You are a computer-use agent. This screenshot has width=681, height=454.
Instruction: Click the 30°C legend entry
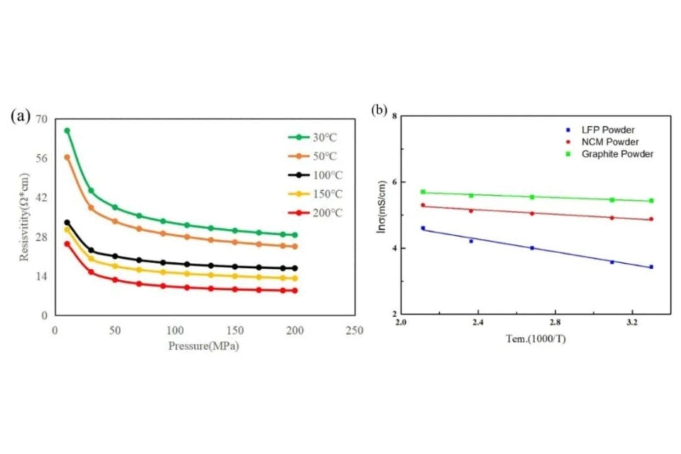(324, 138)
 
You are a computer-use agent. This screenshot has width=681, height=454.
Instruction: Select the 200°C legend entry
(327, 213)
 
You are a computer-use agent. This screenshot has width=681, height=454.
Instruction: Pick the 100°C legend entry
(327, 175)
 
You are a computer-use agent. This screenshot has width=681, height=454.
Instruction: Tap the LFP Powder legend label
(608, 130)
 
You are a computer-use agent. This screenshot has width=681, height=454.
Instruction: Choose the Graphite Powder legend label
(617, 154)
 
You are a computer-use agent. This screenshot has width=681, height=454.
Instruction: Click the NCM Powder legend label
(610, 142)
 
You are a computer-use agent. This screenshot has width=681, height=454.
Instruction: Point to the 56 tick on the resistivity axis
(41, 158)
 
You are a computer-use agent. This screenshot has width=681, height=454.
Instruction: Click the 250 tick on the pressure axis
(354, 331)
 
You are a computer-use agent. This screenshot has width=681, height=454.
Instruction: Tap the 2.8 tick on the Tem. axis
(555, 322)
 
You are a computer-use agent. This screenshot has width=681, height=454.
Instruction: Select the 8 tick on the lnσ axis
(394, 116)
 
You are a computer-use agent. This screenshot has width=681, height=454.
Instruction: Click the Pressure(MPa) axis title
(203, 346)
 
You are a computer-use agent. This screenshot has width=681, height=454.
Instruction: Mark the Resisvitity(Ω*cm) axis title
(24, 217)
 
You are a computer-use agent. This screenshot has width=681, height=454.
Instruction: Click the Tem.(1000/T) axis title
(536, 339)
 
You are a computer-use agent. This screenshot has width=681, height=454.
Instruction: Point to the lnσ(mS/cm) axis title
(381, 207)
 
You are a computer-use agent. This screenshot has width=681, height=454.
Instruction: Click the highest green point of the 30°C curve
(67, 131)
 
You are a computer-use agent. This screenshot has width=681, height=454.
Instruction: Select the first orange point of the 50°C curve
(67, 157)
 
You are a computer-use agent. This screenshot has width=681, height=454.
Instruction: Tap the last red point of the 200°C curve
(295, 291)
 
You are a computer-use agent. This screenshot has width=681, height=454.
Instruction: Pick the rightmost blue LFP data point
(651, 267)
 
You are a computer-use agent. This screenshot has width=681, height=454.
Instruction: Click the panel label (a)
(20, 116)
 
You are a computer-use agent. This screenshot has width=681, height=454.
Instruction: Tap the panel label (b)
(379, 110)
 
